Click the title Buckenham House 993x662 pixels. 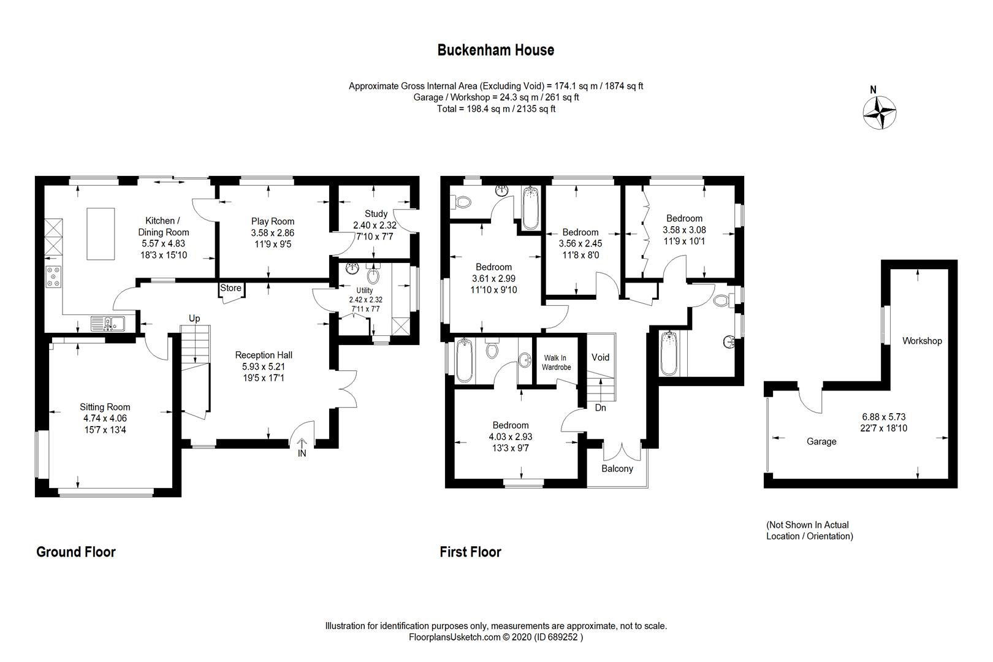(495, 50)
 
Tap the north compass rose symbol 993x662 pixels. (880, 113)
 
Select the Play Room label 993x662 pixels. (273, 221)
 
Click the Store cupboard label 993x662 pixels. (231, 288)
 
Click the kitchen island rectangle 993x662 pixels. (101, 234)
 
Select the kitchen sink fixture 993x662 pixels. (107, 322)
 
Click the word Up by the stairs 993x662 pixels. (194, 318)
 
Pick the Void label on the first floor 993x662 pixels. (600, 357)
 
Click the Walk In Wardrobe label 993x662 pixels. (556, 362)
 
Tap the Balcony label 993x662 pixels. (617, 468)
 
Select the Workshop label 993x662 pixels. (921, 341)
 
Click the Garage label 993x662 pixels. (821, 441)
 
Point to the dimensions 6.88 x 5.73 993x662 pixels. (883, 417)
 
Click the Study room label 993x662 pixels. (376, 213)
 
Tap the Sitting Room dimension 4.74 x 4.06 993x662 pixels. (105, 418)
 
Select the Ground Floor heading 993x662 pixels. (76, 552)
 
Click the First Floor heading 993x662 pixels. (470, 552)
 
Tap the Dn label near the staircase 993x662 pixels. (600, 407)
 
